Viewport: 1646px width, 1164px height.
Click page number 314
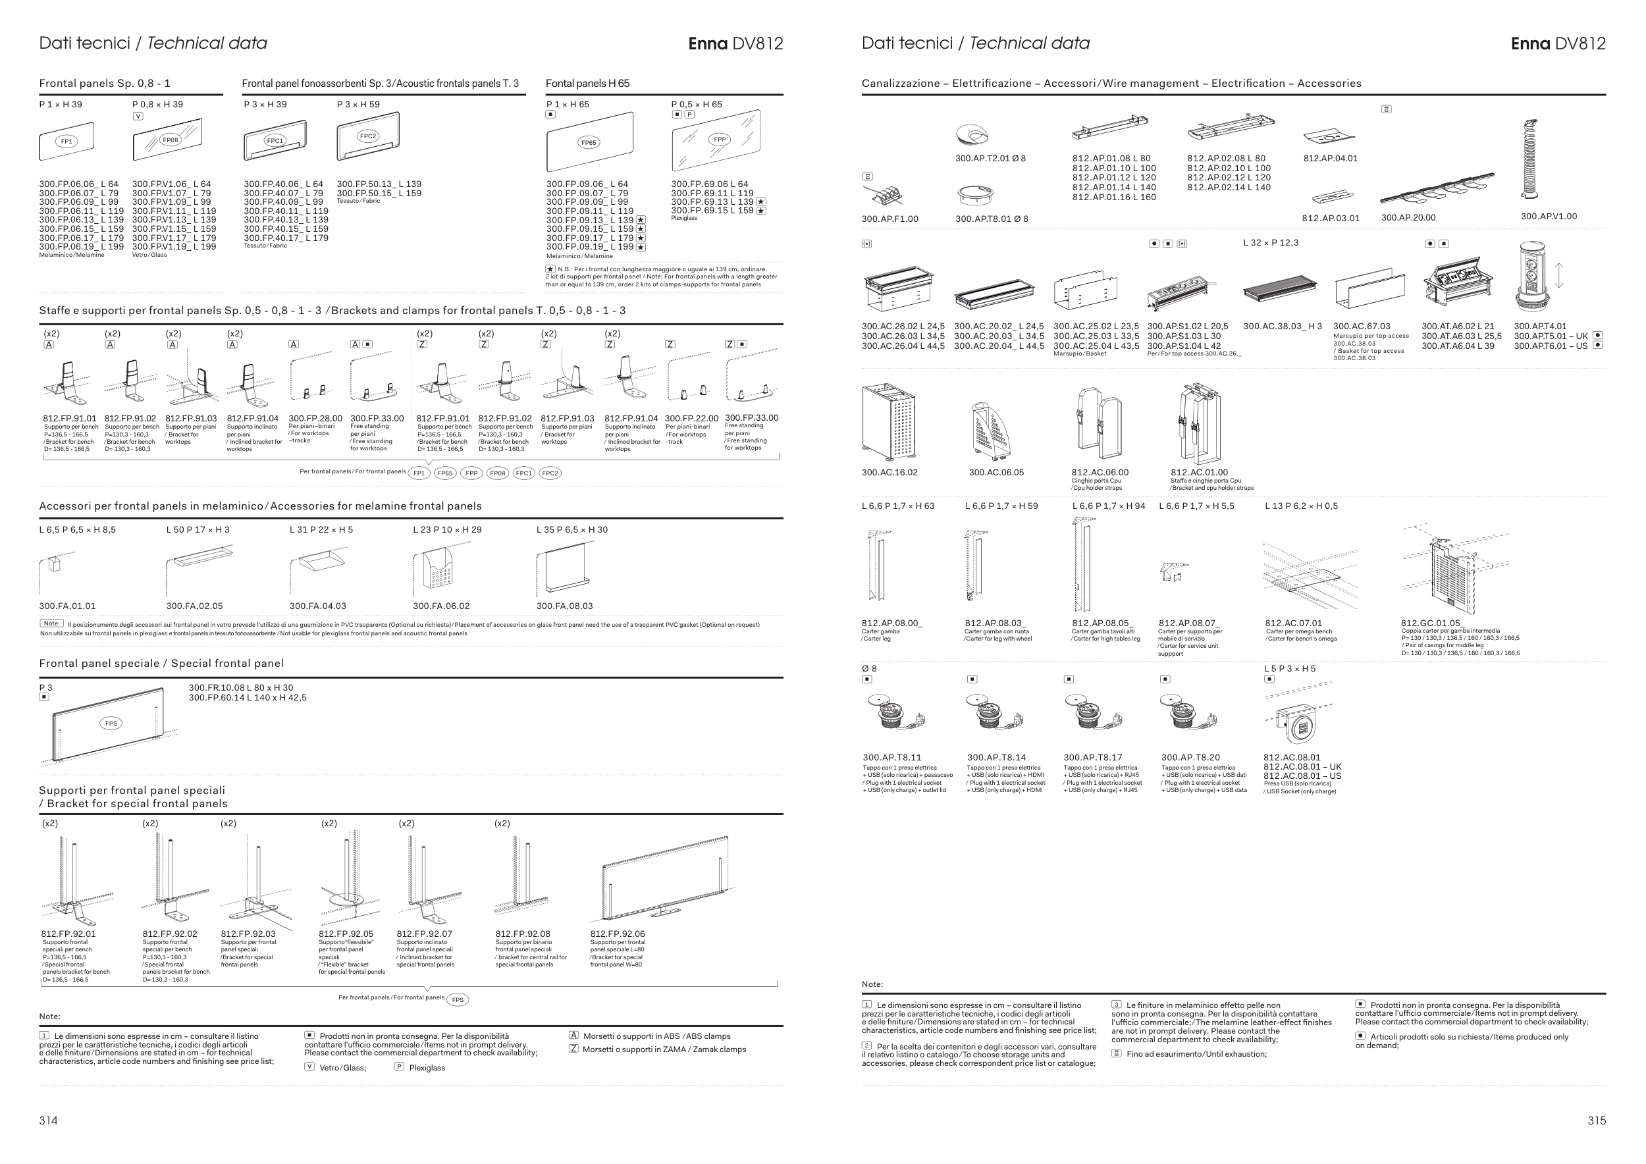(x=48, y=1121)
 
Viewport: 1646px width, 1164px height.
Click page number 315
(x=1596, y=1121)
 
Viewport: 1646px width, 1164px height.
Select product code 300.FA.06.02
(x=441, y=606)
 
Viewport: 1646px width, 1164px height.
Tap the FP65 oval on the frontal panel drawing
(x=588, y=143)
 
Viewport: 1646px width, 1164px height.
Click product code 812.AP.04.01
(x=1330, y=159)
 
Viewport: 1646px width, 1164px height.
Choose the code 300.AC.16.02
(x=889, y=472)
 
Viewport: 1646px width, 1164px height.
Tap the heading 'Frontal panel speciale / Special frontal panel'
(x=161, y=664)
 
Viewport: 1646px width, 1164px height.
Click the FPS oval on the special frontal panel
(x=111, y=723)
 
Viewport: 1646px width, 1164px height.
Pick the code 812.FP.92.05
(x=346, y=934)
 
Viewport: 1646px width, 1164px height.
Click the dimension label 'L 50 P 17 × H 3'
(x=198, y=530)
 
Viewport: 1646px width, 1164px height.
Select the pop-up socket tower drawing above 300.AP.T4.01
(x=1532, y=276)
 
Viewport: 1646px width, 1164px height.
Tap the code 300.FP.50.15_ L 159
(x=379, y=194)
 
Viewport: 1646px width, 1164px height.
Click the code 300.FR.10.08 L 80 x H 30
(x=241, y=687)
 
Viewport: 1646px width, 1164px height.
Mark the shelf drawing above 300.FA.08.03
(x=563, y=569)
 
